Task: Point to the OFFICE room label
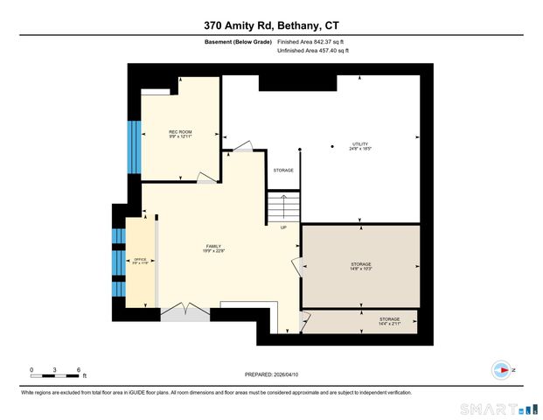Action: pyautogui.click(x=140, y=261)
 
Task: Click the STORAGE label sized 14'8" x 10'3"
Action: pyautogui.click(x=361, y=266)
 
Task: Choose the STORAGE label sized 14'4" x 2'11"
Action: pyautogui.click(x=389, y=321)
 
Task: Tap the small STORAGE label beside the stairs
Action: pyautogui.click(x=282, y=170)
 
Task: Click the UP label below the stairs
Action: pyautogui.click(x=283, y=227)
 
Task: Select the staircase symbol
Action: pyautogui.click(x=283, y=208)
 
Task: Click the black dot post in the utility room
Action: pyautogui.click(x=332, y=146)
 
